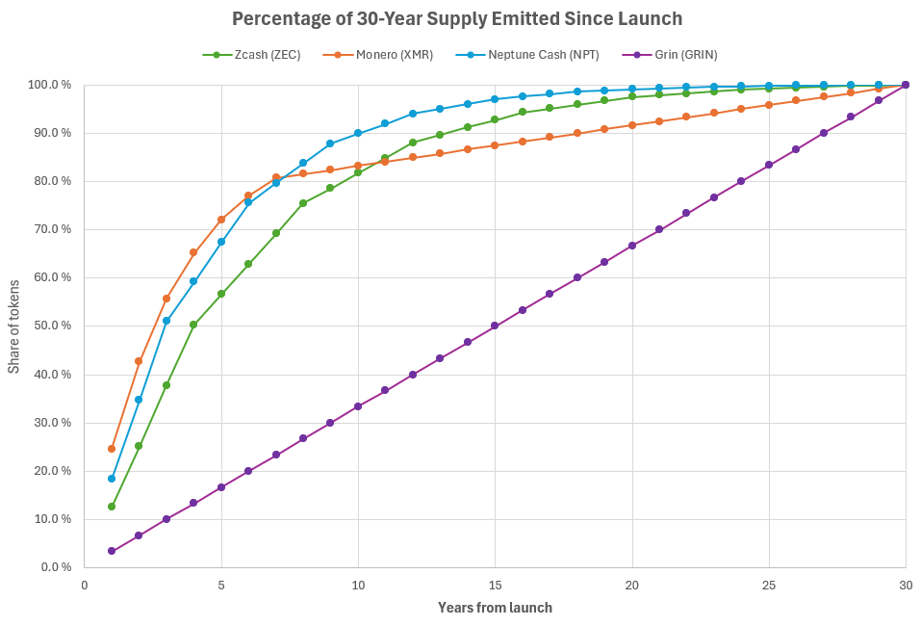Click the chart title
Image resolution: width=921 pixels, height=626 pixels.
tap(457, 17)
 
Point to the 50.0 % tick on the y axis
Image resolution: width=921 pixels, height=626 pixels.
tap(51, 326)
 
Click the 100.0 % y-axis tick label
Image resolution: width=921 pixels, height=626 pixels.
tap(49, 85)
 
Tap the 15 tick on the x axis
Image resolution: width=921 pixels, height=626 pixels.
tap(496, 585)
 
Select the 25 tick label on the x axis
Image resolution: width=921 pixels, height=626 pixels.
tap(769, 585)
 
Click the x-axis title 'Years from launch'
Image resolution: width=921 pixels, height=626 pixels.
tap(495, 608)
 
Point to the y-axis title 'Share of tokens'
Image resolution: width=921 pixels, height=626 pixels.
tap(14, 326)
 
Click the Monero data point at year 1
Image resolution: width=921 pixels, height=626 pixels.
tap(112, 449)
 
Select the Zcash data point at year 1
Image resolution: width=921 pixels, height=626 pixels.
tap(112, 507)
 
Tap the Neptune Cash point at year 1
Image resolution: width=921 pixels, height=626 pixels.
tap(112, 479)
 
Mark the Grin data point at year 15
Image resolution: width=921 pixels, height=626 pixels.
tap(496, 326)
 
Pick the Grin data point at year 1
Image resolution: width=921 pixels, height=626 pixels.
tap(112, 551)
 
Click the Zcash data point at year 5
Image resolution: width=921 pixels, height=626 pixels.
tap(221, 294)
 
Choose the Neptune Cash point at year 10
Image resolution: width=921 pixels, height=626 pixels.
tap(358, 133)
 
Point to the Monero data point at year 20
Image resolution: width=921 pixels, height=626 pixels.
tap(632, 125)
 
